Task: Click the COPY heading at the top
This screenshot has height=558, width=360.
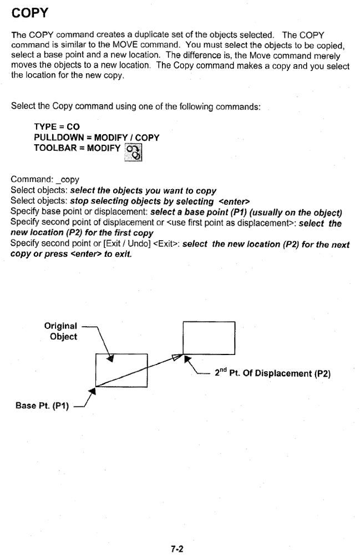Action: pos(29,13)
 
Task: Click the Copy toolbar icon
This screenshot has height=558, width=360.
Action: pos(133,153)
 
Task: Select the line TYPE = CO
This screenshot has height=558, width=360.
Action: pos(57,126)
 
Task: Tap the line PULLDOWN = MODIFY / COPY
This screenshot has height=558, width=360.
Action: pos(97,138)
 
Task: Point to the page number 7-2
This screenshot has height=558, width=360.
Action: pos(177,549)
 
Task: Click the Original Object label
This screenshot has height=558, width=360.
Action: pos(61,331)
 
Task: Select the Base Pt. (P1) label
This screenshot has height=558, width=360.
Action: pos(42,405)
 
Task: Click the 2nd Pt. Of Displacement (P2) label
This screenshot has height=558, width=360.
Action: pos(272,373)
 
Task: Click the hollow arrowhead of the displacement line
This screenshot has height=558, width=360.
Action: pos(178,357)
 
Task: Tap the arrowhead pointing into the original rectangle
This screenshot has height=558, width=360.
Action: pos(111,358)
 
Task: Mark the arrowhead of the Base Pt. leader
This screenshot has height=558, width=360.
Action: pos(93,391)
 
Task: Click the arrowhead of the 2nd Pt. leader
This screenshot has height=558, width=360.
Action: pos(187,359)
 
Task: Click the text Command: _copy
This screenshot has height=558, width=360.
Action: pos(45,179)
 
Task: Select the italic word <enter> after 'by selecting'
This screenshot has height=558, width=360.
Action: pos(234,201)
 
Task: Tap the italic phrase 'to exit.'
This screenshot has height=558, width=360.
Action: pos(118,254)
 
